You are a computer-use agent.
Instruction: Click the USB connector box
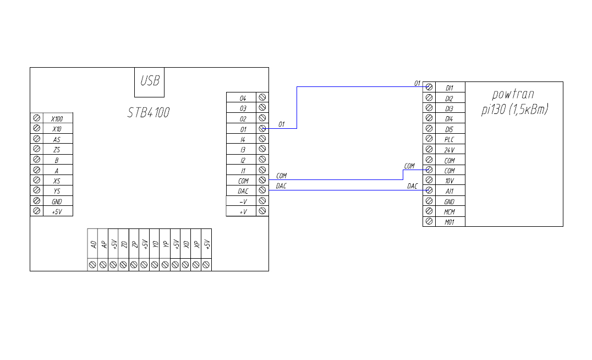click(150, 81)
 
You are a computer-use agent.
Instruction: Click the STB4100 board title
click(149, 113)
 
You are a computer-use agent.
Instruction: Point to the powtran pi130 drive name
click(514, 102)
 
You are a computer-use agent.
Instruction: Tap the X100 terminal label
click(57, 118)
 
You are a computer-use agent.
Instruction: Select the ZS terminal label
click(57, 150)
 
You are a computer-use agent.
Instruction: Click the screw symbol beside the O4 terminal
click(262, 97)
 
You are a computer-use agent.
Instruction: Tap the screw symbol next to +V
click(262, 211)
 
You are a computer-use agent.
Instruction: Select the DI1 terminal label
click(450, 88)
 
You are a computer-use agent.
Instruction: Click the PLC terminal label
click(450, 139)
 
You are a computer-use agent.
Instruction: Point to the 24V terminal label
click(450, 150)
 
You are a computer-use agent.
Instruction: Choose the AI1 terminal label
click(450, 191)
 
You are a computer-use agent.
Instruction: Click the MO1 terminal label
click(450, 222)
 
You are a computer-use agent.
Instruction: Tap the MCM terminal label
click(450, 211)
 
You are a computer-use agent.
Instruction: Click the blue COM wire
click(336, 180)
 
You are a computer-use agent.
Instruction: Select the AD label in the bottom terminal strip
click(93, 244)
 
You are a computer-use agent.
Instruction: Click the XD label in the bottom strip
click(186, 244)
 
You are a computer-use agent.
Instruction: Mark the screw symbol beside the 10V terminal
click(429, 181)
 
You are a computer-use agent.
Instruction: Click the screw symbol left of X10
click(36, 129)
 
